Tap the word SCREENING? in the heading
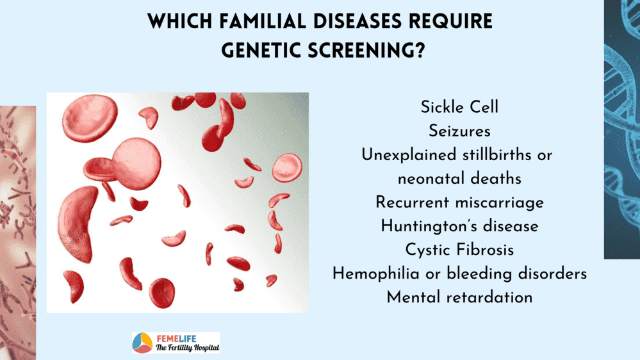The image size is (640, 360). pyautogui.click(x=366, y=51)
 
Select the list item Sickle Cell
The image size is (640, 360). pyautogui.click(x=459, y=108)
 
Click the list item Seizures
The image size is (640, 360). pyautogui.click(x=459, y=131)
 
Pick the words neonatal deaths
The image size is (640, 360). pyautogui.click(x=459, y=179)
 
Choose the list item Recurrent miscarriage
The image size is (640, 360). pyautogui.click(x=459, y=202)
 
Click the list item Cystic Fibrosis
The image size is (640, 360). pyautogui.click(x=459, y=250)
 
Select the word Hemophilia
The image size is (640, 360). pyautogui.click(x=376, y=274)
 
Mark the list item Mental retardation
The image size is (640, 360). pyautogui.click(x=459, y=297)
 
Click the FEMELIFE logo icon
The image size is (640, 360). pyautogui.click(x=142, y=343)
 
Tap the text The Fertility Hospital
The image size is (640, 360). pyautogui.click(x=187, y=348)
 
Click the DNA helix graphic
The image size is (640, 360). pyautogui.click(x=622, y=129)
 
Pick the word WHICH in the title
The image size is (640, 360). pyautogui.click(x=180, y=21)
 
